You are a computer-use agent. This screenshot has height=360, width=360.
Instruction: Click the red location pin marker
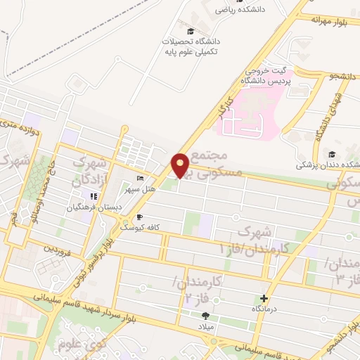pos(181,165)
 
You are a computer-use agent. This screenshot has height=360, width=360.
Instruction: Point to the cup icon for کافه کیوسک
pos(139,217)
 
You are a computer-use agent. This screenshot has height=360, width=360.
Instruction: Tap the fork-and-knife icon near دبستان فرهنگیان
pos(94,196)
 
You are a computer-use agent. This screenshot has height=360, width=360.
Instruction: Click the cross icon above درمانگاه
pos(264,298)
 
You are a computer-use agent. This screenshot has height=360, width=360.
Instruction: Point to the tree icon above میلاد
pos(205,316)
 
